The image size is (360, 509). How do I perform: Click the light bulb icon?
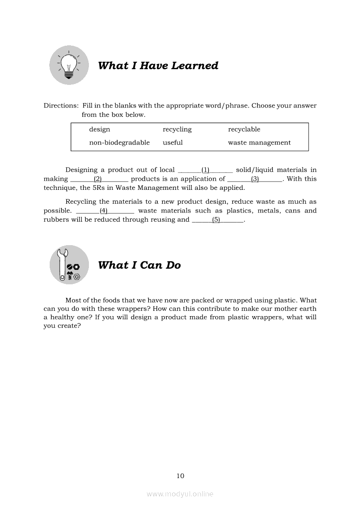69,65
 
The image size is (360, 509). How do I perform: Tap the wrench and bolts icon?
69,265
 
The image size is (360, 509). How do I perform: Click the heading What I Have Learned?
158,66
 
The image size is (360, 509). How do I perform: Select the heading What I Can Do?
139,265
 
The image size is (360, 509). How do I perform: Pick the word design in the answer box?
99,129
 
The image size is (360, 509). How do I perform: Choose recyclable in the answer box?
244,129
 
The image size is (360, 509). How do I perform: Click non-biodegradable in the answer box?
119,142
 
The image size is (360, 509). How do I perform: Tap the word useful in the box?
173,142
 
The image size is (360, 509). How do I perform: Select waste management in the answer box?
259,142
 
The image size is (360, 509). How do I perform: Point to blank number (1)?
205,170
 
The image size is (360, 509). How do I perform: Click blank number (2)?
98,179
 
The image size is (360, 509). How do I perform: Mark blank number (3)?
255,179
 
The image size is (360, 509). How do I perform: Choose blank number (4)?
104,211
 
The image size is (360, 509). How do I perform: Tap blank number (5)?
216,220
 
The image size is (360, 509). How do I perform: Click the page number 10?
180,475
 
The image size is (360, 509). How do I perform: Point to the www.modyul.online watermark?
180,494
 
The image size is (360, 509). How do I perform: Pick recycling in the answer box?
177,129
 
